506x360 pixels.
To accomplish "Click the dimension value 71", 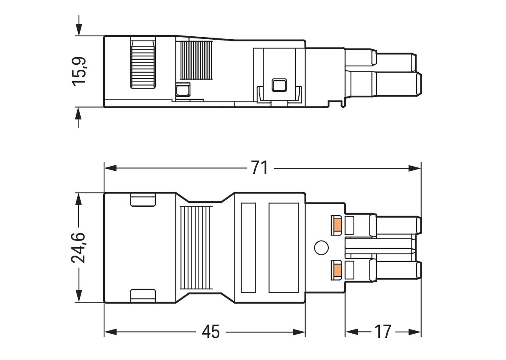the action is [259, 167].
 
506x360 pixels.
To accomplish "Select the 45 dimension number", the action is [211, 332].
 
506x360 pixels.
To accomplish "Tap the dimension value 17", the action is [382, 332].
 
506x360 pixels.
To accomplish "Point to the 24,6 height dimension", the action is [78, 248].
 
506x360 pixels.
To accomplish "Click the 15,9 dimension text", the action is [79, 71].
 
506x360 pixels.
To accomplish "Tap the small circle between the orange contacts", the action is [321, 248].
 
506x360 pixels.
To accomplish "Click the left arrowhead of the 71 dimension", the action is [110, 168].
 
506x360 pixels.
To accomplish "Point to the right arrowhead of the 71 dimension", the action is [415, 168].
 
